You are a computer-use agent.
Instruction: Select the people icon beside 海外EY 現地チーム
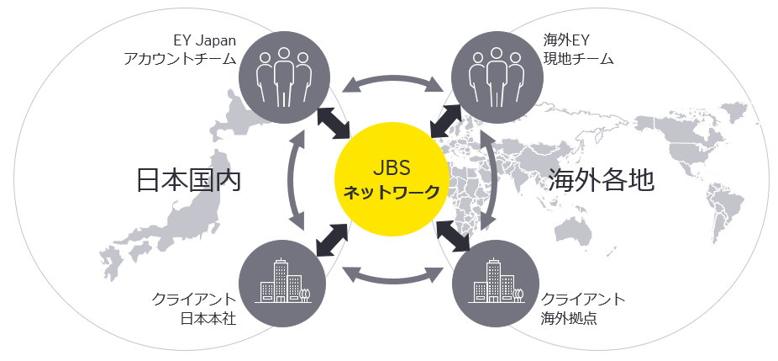coord(496,75)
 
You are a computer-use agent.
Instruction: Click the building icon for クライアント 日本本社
coord(283,285)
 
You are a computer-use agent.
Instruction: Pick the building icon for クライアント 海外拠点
coord(496,285)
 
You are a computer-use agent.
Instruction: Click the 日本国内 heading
coord(188,179)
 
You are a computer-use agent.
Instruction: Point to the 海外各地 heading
coord(600,179)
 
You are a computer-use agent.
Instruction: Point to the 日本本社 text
coord(207,320)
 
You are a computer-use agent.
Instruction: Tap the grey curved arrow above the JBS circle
coord(391,82)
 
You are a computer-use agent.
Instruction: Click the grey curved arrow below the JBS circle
coord(391,277)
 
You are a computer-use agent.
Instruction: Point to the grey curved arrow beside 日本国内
coord(293,179)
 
